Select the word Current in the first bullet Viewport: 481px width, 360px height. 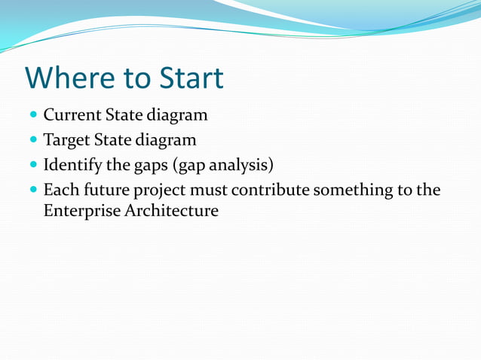coord(72,116)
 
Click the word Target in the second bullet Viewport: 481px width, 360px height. coord(68,140)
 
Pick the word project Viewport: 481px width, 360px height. coord(160,190)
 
